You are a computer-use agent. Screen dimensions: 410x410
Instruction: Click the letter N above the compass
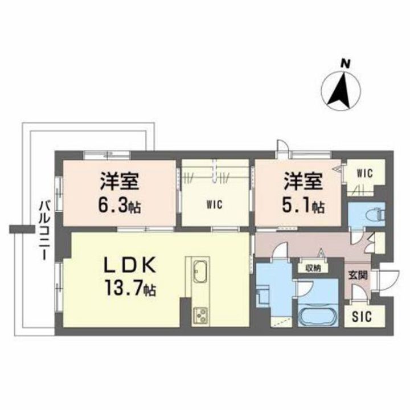click(x=346, y=64)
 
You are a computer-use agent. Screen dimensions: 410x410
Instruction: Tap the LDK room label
click(x=130, y=265)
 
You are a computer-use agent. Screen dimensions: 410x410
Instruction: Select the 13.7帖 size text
click(x=130, y=287)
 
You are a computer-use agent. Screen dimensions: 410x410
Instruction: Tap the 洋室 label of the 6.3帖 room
click(x=120, y=181)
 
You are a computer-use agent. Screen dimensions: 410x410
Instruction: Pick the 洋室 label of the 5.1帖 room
click(x=304, y=181)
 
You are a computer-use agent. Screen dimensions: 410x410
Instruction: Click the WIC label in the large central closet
click(x=215, y=205)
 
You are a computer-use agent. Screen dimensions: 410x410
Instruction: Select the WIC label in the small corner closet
click(x=365, y=173)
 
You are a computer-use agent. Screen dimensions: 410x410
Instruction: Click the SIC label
click(x=362, y=317)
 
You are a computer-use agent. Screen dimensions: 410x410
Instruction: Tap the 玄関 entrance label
click(x=358, y=275)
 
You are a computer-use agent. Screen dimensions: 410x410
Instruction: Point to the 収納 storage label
click(x=313, y=268)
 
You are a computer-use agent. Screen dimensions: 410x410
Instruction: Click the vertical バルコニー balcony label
click(x=44, y=231)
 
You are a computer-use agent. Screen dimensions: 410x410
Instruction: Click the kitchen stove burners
click(x=200, y=316)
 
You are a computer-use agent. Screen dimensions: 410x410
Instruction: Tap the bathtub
click(x=318, y=317)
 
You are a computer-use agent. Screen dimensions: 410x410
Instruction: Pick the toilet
click(x=376, y=215)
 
